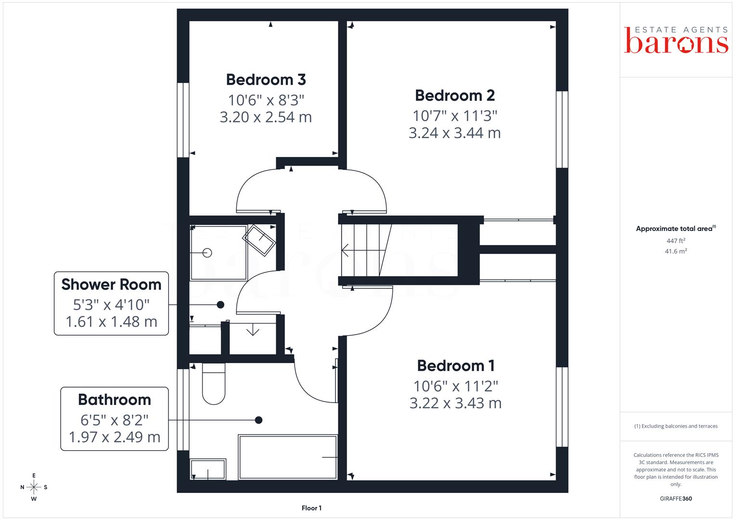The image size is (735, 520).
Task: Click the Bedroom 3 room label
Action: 266,80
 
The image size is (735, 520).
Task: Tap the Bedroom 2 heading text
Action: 455,95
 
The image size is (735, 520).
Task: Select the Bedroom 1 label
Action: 455,366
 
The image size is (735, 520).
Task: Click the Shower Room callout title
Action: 111,285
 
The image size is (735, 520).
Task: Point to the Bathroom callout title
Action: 115,400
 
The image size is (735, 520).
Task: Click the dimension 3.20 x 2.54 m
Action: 266,117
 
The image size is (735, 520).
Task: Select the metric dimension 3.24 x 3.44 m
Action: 455,133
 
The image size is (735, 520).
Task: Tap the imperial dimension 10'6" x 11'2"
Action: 455,386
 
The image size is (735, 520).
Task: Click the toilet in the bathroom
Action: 214,383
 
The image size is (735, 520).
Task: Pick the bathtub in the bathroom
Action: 288,457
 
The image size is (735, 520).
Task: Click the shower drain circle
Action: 207,253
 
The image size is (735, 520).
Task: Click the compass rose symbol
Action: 34,487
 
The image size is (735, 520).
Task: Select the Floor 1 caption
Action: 311,508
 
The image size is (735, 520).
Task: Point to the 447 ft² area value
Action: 676,241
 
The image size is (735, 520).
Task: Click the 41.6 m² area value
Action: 676,251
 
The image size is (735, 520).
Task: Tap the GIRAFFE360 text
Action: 676,499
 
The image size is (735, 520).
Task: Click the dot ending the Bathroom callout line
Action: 258,420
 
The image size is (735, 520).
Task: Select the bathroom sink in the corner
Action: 208,469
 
